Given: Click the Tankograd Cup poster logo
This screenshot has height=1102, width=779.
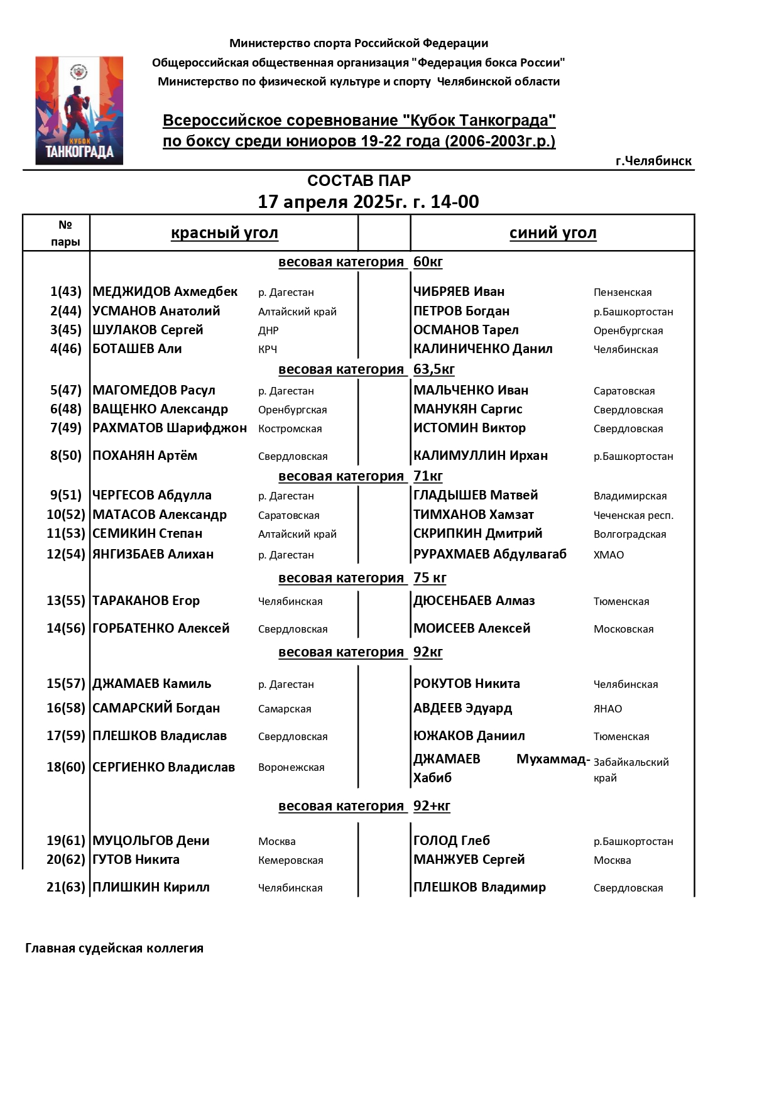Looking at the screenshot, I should [79, 111].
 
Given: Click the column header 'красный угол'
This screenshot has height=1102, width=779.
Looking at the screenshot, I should [224, 233].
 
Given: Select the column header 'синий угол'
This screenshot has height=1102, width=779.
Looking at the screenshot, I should [553, 233].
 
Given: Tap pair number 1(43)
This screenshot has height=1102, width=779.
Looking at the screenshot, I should [66, 292].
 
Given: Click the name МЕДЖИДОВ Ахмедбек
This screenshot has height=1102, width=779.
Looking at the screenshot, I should [165, 292].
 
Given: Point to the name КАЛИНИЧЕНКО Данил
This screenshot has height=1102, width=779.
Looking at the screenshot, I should [482, 349].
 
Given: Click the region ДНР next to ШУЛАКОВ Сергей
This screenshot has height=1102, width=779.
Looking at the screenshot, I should [268, 330].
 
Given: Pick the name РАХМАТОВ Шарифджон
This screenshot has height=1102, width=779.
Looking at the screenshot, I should [170, 428].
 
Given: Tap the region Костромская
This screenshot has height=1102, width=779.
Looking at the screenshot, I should [290, 428].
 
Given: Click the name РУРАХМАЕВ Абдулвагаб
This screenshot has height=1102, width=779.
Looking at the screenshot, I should [489, 554].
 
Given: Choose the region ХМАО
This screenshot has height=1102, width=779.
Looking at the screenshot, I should [608, 555].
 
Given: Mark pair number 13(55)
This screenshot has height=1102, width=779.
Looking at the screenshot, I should [65, 601].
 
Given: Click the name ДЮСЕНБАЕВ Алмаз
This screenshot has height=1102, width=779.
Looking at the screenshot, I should [474, 601].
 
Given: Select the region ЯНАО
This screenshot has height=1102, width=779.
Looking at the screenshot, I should [607, 709].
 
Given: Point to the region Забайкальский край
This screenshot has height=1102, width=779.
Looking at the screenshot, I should [630, 770].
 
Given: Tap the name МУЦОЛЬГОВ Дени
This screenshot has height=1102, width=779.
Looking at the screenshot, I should [151, 841].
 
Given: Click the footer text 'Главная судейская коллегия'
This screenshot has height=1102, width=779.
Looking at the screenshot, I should [114, 948].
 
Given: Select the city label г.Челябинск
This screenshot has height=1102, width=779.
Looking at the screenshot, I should [653, 161].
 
